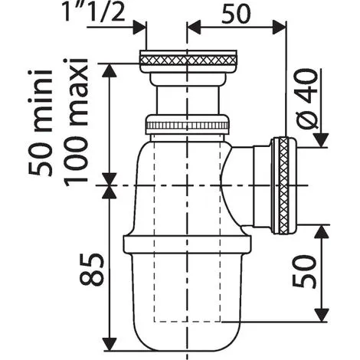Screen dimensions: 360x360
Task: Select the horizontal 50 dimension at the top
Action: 236,14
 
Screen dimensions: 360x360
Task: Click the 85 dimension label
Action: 92,270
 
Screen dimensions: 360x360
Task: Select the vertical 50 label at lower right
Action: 304,271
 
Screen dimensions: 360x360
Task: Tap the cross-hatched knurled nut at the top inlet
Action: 188,61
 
